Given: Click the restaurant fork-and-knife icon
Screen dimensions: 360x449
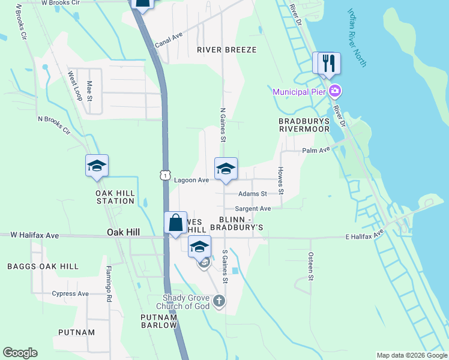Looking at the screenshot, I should [x=328, y=63].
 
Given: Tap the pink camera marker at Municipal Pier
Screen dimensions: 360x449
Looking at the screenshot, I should [x=335, y=91].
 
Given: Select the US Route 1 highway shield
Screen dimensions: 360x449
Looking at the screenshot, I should [x=165, y=175].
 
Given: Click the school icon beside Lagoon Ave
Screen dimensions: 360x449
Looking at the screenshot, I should [x=226, y=169].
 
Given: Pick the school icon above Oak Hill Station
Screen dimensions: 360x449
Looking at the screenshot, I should [x=96, y=166].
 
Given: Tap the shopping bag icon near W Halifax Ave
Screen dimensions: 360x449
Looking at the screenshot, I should [x=175, y=223].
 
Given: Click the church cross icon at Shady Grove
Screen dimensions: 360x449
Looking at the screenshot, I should [x=219, y=301].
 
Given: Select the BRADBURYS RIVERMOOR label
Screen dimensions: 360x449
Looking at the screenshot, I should [x=304, y=125].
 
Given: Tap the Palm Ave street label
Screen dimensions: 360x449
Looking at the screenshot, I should [x=316, y=150].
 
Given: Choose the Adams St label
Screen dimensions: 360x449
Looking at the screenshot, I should [x=252, y=194].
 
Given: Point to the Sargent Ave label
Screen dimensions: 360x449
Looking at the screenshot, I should [x=253, y=209].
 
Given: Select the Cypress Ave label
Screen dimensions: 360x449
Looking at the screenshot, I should [x=71, y=294].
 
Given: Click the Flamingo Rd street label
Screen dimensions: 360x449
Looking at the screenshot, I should [x=109, y=283].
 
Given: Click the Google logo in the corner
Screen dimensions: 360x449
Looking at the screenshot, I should [x=20, y=353].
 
